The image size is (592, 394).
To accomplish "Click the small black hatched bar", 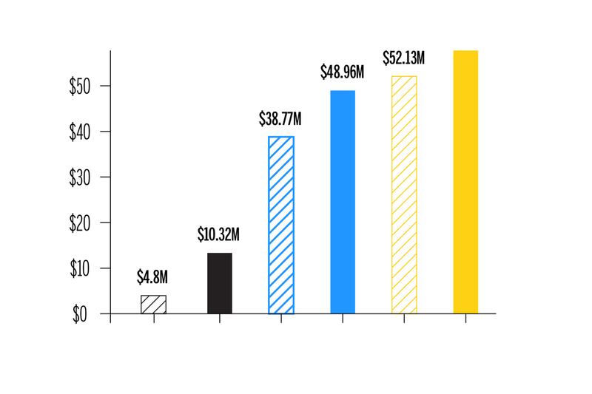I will (153, 305).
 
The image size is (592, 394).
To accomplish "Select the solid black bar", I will (219, 283).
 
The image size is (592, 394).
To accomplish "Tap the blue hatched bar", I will (280, 225).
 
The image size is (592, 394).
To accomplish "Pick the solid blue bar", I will (342, 202).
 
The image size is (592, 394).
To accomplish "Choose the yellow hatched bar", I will (404, 194).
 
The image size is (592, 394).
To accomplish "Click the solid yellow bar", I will (465, 182).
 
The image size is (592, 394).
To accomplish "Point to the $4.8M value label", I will (153, 278).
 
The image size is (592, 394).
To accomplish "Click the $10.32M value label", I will (219, 236).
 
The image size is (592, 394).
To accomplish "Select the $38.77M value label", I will (280, 118).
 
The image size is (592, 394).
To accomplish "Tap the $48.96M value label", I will (343, 72).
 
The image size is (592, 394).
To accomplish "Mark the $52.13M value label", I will (405, 58).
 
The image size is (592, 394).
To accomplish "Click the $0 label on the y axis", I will (80, 314).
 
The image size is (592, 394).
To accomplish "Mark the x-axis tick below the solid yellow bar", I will (465, 318).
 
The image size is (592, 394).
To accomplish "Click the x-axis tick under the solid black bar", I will (219, 318).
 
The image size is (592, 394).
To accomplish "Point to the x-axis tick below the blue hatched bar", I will (280, 318).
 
